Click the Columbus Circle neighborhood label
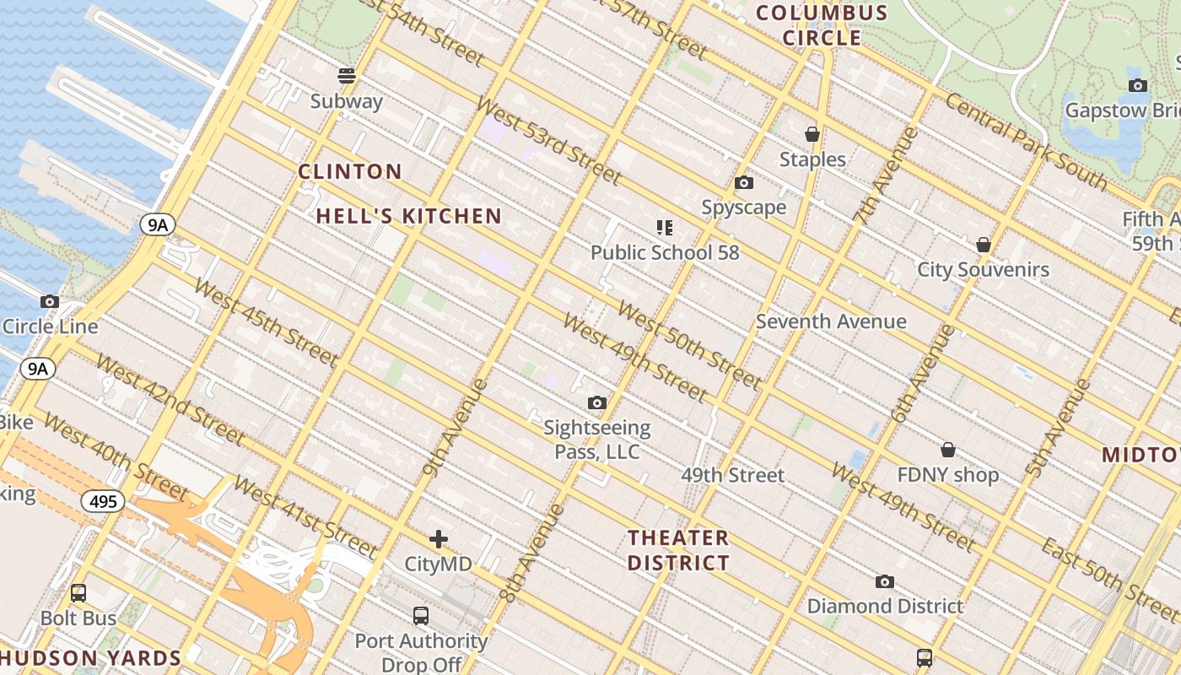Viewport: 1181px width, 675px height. [x=822, y=25]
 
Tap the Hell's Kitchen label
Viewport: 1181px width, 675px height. [x=409, y=216]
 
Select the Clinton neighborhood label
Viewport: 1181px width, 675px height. [x=350, y=172]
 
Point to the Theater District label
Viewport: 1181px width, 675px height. [x=678, y=550]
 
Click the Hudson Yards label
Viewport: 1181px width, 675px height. [x=91, y=659]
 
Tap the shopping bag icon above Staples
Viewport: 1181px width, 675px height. [x=812, y=134]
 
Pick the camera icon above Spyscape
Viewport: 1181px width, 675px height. [x=743, y=182]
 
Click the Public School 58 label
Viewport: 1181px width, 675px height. [x=665, y=252]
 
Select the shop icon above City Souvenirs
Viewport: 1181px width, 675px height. [x=983, y=245]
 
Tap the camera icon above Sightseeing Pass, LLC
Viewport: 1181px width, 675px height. [x=596, y=402]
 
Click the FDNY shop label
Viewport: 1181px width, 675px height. [x=947, y=475]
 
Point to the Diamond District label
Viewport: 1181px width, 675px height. [x=885, y=606]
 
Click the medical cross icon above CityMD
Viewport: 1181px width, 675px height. [x=438, y=539]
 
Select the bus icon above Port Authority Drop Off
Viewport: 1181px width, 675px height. [x=420, y=616]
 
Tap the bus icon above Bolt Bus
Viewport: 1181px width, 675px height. [x=78, y=593]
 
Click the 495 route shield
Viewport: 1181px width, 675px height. [x=103, y=502]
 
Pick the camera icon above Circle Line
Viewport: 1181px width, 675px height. [x=50, y=301]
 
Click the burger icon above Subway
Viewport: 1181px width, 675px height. [x=346, y=76]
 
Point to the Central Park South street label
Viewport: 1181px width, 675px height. [x=1025, y=141]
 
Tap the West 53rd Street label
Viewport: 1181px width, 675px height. [x=548, y=141]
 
